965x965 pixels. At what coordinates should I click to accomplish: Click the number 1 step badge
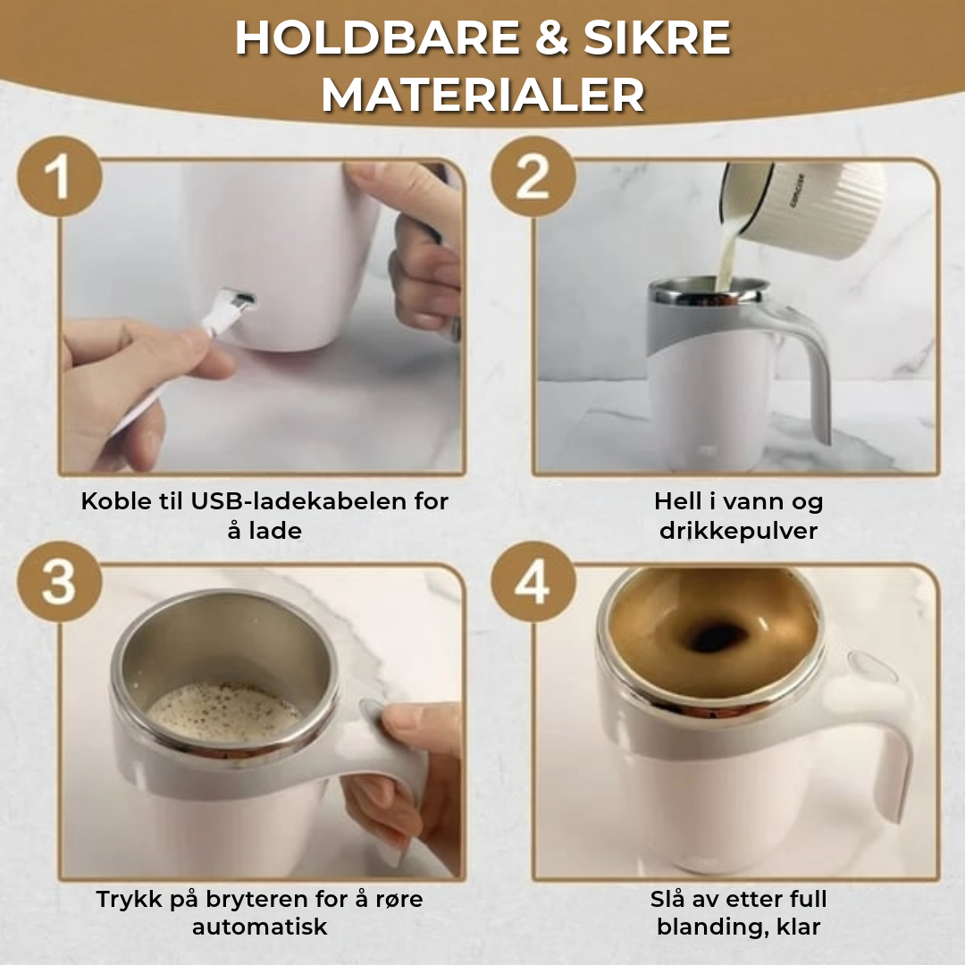60,176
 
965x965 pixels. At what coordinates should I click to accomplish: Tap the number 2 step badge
533,176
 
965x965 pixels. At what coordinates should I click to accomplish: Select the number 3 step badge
60,582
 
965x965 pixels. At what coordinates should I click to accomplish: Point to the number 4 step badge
533,582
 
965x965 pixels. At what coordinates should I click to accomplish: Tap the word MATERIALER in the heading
483,96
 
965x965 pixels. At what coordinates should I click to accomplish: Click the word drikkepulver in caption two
739,531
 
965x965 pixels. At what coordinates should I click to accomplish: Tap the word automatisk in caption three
260,927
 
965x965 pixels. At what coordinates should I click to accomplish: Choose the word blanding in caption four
712,927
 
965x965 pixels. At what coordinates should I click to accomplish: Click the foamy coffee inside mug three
225,713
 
